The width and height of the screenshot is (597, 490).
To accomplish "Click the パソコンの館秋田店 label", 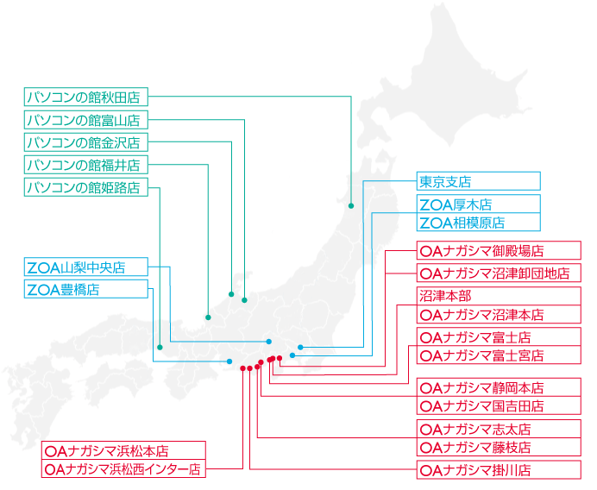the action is click(86, 97).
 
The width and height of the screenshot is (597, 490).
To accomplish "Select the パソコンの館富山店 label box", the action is click(86, 120).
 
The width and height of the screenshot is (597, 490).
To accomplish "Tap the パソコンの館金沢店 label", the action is click(86, 142).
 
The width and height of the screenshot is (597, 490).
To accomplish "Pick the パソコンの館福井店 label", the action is click(86, 165).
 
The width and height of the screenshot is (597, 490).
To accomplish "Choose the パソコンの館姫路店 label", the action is click(86, 187).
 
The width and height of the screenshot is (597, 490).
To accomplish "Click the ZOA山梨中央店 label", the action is click(86, 267).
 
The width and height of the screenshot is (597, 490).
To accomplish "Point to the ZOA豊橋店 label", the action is click(86, 289).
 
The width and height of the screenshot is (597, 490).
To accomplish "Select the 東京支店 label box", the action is click(479, 181).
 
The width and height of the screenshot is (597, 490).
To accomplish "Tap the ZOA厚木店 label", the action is click(479, 204).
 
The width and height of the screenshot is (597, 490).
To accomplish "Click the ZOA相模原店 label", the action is click(479, 222).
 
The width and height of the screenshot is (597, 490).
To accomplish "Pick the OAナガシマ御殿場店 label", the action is click(499, 250).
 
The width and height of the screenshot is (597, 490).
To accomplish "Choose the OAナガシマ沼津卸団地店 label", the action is click(499, 273).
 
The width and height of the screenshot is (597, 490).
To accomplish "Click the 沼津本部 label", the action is click(499, 296).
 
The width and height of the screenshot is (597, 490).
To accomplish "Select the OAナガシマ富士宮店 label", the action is click(499, 355).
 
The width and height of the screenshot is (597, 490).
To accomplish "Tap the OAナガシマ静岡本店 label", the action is click(499, 387).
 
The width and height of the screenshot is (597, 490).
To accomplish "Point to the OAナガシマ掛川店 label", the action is click(499, 470).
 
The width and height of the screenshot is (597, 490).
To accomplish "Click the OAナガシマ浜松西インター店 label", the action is click(123, 468).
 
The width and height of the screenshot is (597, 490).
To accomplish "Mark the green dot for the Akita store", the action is click(351, 206).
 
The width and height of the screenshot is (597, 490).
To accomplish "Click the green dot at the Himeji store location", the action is click(160, 347).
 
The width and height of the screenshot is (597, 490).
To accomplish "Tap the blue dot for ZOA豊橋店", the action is click(229, 361).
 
